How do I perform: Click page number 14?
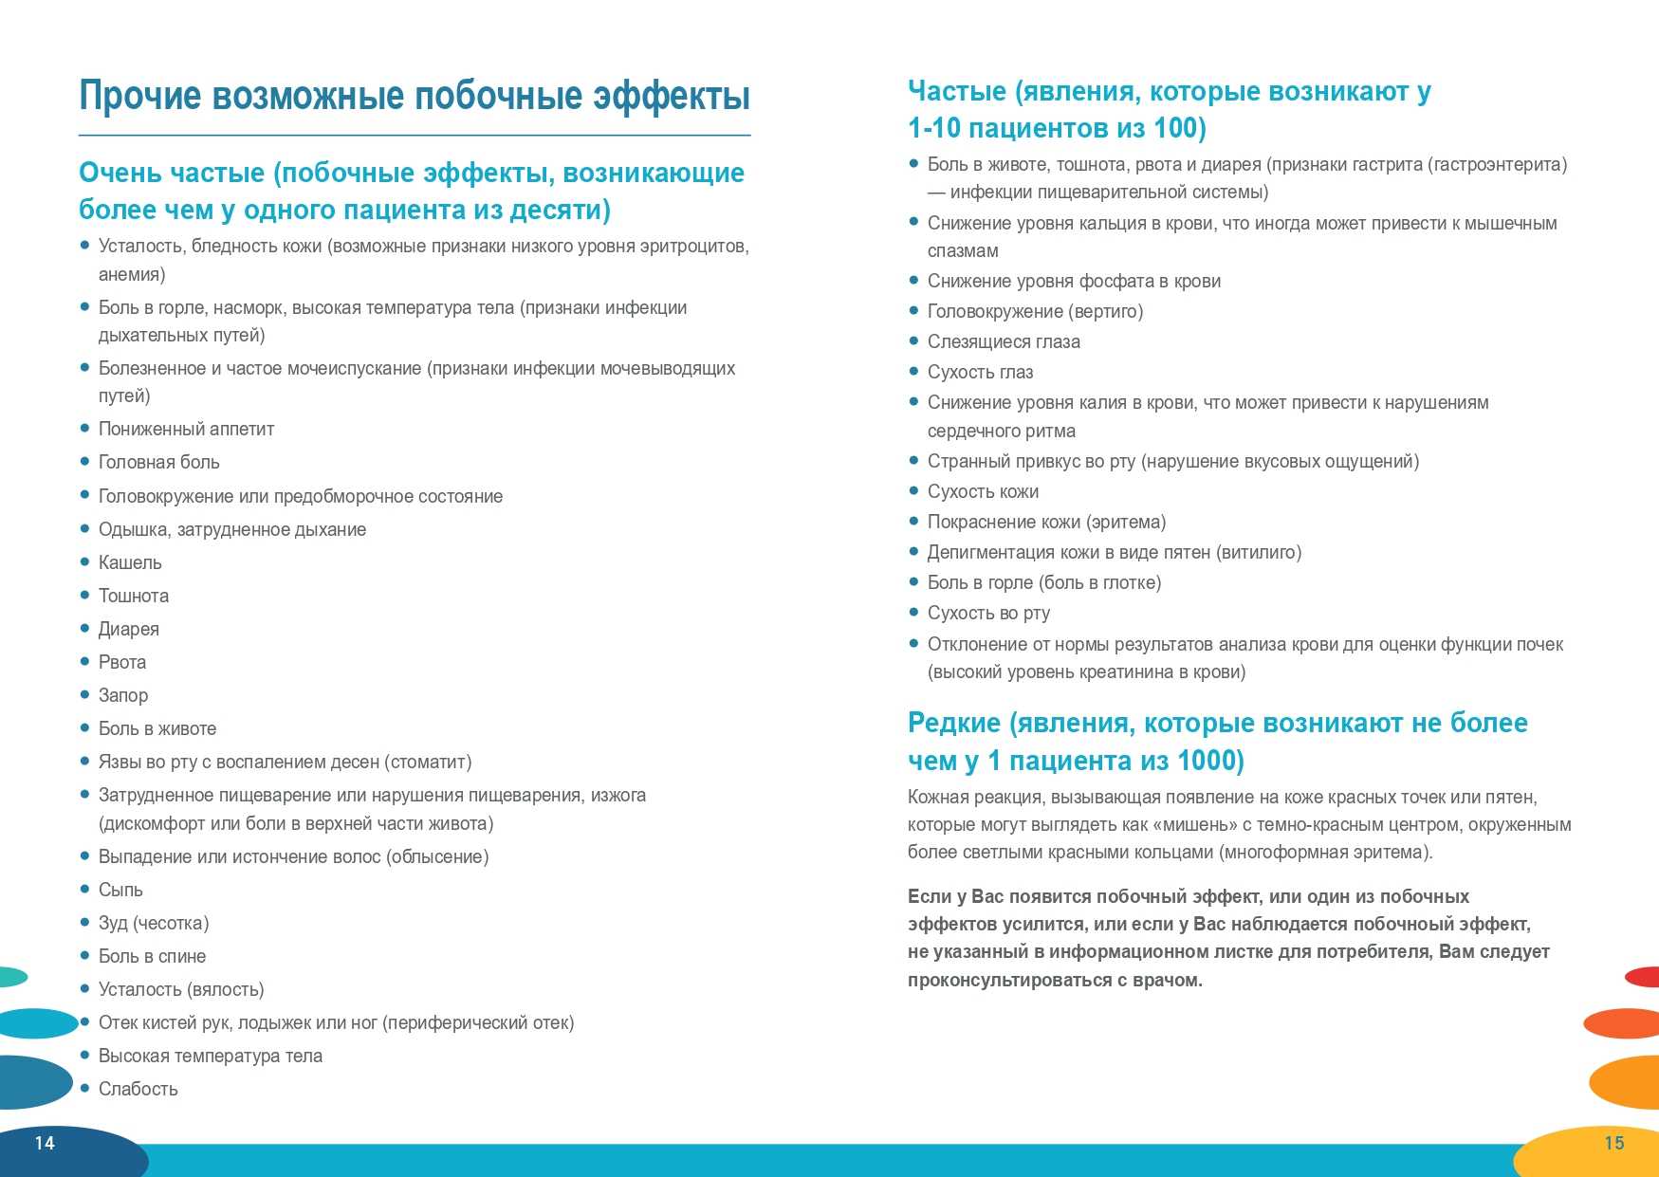tap(45, 1143)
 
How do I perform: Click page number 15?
tap(1614, 1143)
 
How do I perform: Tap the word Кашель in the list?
tap(130, 562)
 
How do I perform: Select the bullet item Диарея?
tap(129, 629)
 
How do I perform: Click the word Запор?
tap(123, 695)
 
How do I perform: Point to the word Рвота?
tap(122, 662)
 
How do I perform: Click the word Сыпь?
tap(120, 890)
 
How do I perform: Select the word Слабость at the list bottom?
tap(138, 1089)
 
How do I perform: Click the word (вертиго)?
tap(1106, 311)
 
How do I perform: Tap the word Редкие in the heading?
tap(954, 723)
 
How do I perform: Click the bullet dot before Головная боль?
tap(84, 462)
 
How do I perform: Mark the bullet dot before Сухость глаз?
tap(914, 372)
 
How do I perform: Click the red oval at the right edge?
tap(1644, 976)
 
